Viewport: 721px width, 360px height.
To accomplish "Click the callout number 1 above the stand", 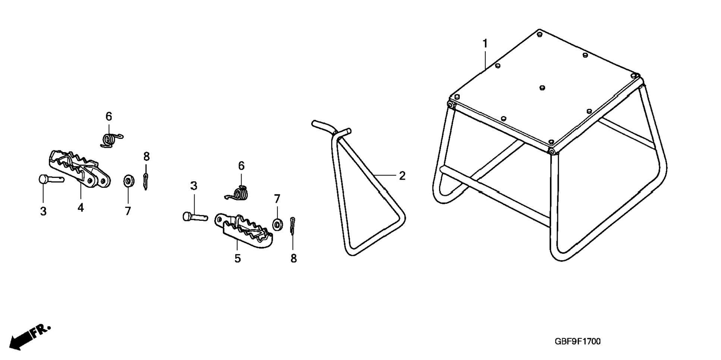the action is coord(485,44).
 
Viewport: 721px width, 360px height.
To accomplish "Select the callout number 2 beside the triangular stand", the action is coord(402,176).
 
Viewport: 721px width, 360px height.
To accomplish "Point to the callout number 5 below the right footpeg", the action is coord(237,258).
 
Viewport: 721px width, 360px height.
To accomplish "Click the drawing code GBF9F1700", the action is coord(577,341).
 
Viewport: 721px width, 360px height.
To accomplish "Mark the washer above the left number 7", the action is coord(129,181).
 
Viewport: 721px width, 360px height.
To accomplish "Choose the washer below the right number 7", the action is coord(277,225).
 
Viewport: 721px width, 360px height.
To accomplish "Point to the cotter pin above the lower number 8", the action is coord(293,226).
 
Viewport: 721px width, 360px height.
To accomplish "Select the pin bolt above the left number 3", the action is coord(51,179).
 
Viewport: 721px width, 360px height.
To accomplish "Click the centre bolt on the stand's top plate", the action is coord(542,88).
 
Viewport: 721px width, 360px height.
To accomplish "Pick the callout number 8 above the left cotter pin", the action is coord(147,156).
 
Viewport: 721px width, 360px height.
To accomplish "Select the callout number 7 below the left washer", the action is coord(128,211).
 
